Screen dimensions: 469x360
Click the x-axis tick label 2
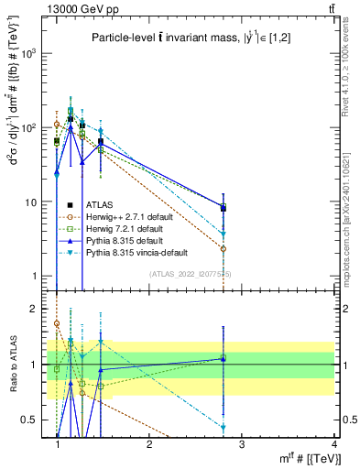click(x=149, y=445)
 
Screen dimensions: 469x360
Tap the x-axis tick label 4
click(x=334, y=445)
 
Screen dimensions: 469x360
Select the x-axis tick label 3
click(x=242, y=445)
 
